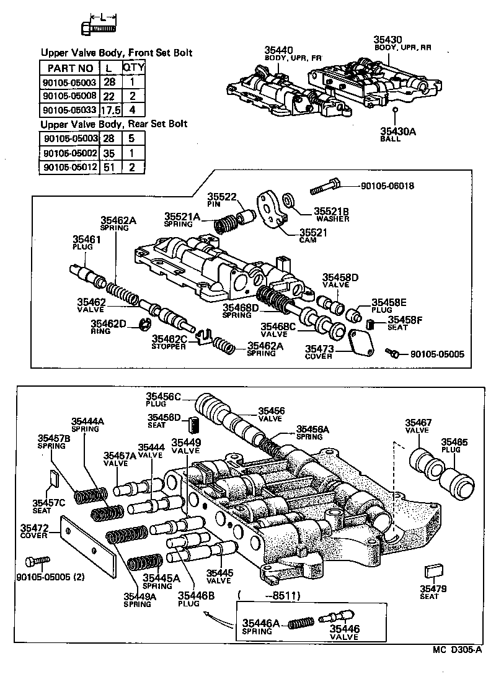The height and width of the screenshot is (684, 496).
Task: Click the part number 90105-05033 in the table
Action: click(69, 109)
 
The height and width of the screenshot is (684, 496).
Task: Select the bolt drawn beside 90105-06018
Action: click(325, 184)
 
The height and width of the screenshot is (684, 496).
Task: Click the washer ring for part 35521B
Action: click(288, 200)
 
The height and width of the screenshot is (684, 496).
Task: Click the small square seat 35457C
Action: click(53, 477)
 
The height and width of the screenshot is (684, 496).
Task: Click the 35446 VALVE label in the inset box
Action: click(343, 632)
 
